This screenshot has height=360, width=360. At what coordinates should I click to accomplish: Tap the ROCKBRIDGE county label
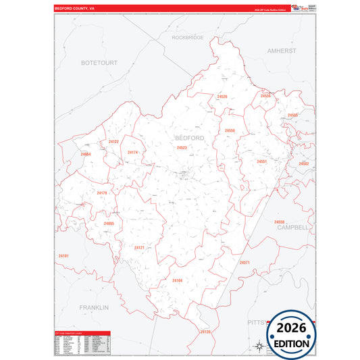click(188, 38)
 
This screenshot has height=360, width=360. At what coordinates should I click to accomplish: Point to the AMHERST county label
click(282, 51)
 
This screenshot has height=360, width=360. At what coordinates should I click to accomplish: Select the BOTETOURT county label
click(99, 62)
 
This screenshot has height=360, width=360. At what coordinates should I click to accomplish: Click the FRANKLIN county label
click(93, 307)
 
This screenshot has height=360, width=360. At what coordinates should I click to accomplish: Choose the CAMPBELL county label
click(292, 228)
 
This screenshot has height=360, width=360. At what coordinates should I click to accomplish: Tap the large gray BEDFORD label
click(189, 138)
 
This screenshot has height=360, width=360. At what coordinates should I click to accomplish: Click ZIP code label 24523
click(182, 147)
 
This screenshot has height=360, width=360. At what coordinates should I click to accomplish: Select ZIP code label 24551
click(262, 161)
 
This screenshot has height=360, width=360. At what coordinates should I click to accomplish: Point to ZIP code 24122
click(113, 142)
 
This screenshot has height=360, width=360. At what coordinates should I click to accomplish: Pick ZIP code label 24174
click(132, 153)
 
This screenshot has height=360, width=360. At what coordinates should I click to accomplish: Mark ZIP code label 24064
click(85, 155)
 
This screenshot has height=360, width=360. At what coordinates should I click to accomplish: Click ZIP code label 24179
click(102, 193)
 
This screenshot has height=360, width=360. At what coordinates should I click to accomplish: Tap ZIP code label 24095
click(109, 224)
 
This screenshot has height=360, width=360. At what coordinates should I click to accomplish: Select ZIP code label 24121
click(139, 248)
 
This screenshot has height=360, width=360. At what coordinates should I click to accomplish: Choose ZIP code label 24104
click(178, 280)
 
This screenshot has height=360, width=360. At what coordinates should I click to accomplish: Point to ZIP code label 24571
click(245, 262)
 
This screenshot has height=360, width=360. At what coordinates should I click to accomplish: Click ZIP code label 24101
click(63, 256)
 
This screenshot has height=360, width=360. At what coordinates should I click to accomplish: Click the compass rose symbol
click(258, 347)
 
